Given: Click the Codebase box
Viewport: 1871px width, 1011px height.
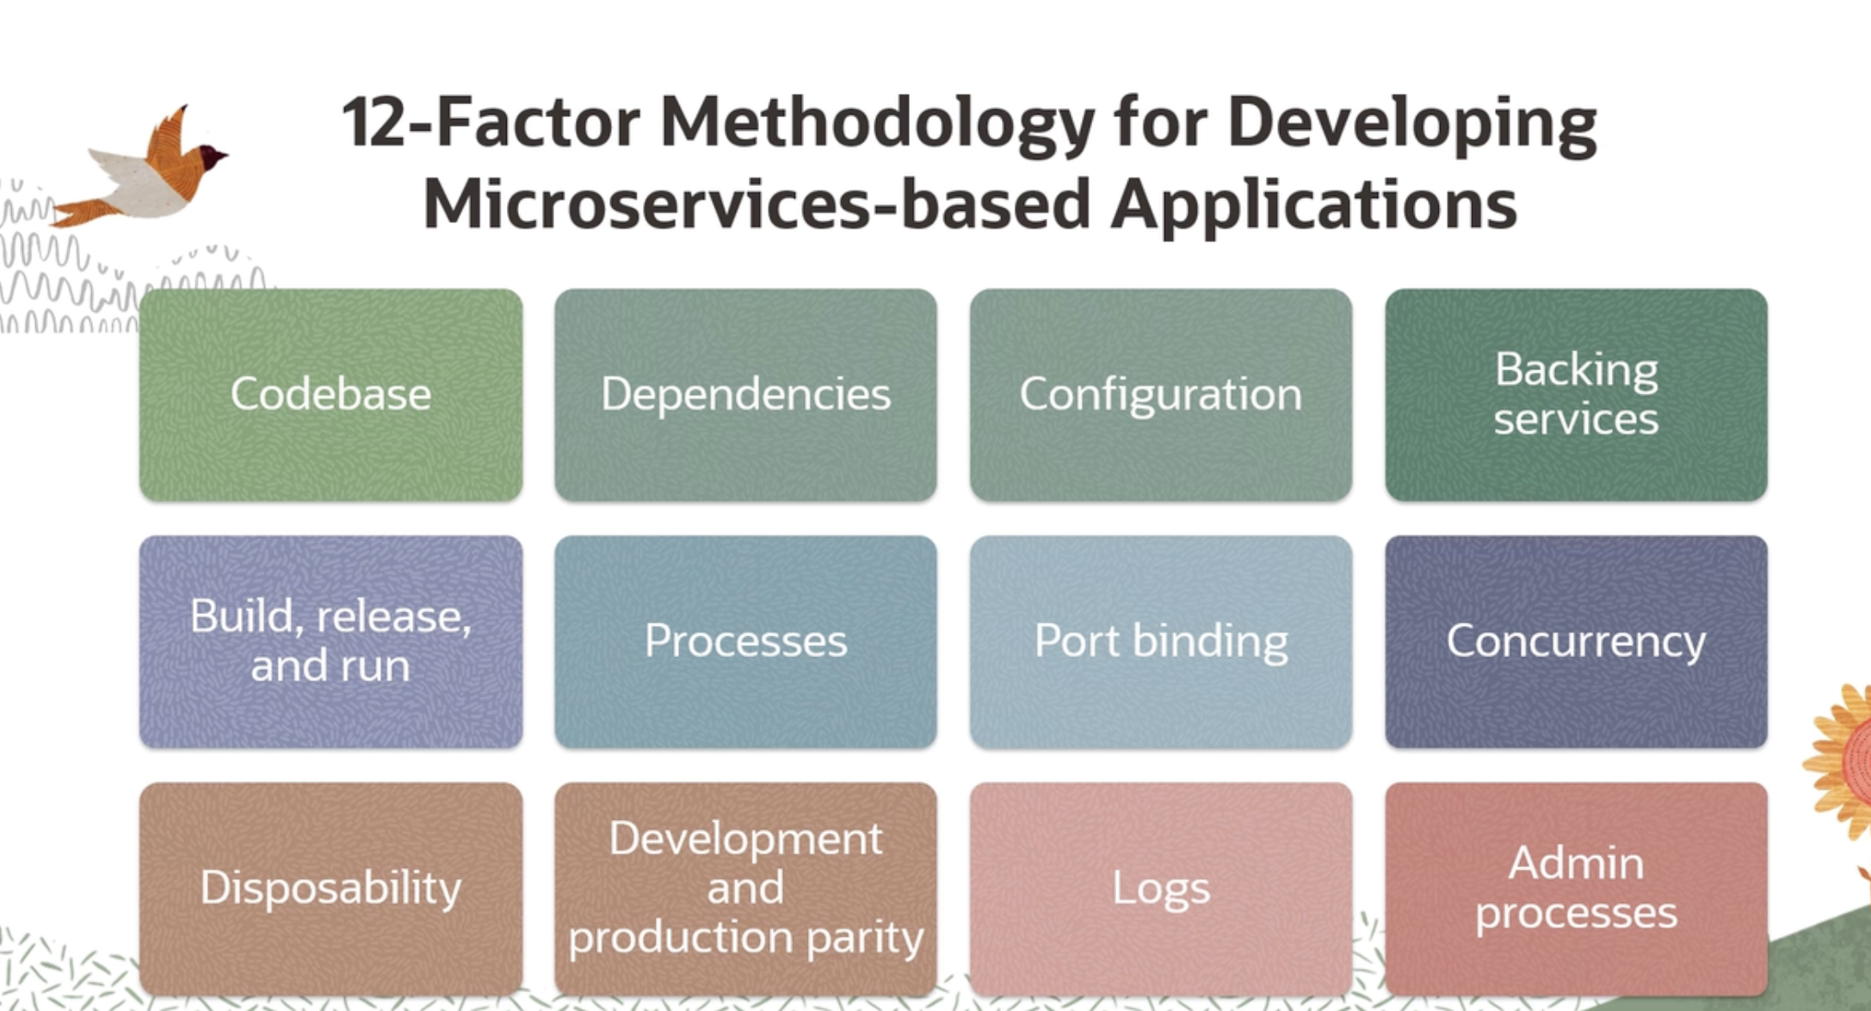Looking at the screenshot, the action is [x=330, y=394].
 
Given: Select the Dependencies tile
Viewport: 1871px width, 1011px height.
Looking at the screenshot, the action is [x=745, y=394].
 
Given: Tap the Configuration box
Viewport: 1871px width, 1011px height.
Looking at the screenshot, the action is [x=1161, y=394].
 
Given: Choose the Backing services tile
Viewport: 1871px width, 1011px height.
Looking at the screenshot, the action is [x=1576, y=394].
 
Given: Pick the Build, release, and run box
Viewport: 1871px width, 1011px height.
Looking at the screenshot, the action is [x=330, y=642].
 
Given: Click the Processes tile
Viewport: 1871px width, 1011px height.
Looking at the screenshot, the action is [x=745, y=642].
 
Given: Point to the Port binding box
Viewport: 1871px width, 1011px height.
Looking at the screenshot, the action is [x=1161, y=642].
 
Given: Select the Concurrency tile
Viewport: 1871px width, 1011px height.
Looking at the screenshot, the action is [x=1576, y=642].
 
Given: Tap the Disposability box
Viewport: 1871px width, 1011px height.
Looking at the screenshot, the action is [x=330, y=889].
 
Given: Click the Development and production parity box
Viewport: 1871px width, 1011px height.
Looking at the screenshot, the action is [x=745, y=889].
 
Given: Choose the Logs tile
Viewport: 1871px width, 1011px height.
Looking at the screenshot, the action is [x=1161, y=889].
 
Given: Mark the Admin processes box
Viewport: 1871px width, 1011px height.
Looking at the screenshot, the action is [x=1576, y=889].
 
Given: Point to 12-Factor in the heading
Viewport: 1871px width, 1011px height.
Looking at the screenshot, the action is [x=491, y=121].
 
